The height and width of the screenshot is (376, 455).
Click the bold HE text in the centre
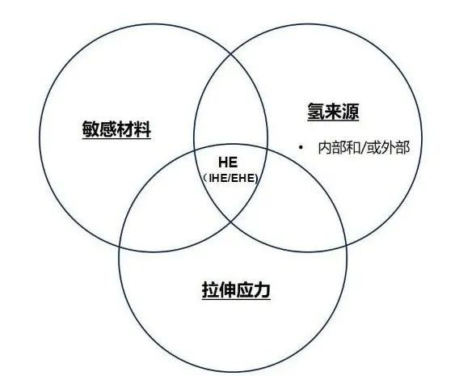pyautogui.click(x=228, y=163)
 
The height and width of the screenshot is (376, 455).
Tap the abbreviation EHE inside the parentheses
pyautogui.click(x=243, y=178)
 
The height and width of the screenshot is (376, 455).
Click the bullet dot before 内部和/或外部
pyautogui.click(x=301, y=147)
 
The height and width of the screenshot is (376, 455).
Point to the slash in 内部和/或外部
pyautogui.click(x=363, y=148)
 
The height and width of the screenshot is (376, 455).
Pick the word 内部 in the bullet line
pyautogui.click(x=332, y=148)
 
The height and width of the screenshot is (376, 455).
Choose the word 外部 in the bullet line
pyautogui.click(x=394, y=148)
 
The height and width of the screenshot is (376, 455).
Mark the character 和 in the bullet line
pyautogui.click(x=353, y=148)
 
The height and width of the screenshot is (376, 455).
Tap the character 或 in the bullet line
pyautogui.click(x=373, y=148)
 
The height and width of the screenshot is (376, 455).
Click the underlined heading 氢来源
pyautogui.click(x=333, y=112)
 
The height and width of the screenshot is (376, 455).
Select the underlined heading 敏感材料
pyautogui.click(x=116, y=129)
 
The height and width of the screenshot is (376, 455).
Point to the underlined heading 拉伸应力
pyautogui.click(x=236, y=290)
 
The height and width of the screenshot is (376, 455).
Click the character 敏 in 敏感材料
pyautogui.click(x=91, y=129)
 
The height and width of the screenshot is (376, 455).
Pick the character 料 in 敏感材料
pyautogui.click(x=142, y=129)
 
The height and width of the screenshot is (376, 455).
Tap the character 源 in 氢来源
pyautogui.click(x=351, y=112)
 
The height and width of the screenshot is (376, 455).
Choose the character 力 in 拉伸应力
pyautogui.click(x=262, y=290)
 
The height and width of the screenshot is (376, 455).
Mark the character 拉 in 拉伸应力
pyautogui.click(x=210, y=290)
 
